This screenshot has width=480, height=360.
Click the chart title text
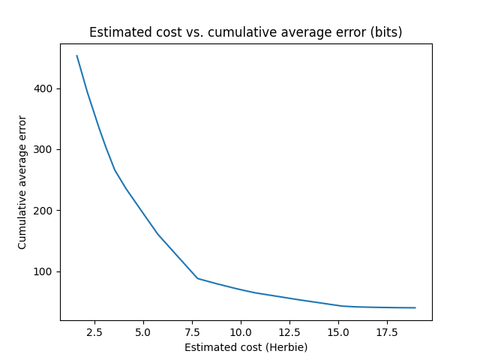click(246, 32)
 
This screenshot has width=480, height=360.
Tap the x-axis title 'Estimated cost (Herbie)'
click(246, 347)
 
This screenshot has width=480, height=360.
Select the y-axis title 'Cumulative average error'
click(22, 182)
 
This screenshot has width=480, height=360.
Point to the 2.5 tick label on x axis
click(94, 331)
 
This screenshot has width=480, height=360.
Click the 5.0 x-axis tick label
click(143, 331)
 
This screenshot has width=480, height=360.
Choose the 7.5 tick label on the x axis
click(192, 331)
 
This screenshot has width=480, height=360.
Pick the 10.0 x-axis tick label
click(241, 331)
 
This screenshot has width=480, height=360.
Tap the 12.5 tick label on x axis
click(289, 331)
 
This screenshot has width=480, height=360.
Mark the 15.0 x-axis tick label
click(338, 331)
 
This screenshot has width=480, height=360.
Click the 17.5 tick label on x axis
click(387, 331)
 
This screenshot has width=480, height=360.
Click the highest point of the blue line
click(76, 55)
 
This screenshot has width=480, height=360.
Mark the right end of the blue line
click(415, 307)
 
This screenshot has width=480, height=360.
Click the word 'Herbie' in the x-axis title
click(287, 347)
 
